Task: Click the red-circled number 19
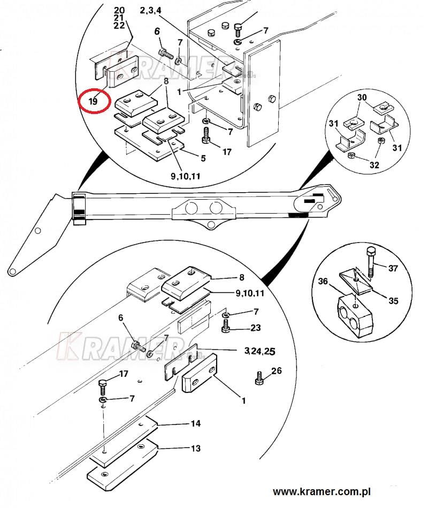pyautogui.click(x=93, y=101)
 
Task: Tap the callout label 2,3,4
pyautogui.click(x=150, y=10)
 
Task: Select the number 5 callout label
pyautogui.click(x=203, y=158)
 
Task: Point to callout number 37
pyautogui.click(x=393, y=268)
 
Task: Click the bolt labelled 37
pyautogui.click(x=371, y=262)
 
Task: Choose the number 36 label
pyautogui.click(x=323, y=281)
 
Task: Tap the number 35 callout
pyautogui.click(x=393, y=301)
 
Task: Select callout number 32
pyautogui.click(x=374, y=165)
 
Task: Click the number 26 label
pyautogui.click(x=276, y=370)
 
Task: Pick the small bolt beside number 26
pyautogui.click(x=259, y=378)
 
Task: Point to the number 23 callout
pyautogui.click(x=255, y=328)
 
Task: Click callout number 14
pyautogui.click(x=196, y=423)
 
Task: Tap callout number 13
pyautogui.click(x=196, y=449)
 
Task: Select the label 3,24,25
pyautogui.click(x=259, y=351)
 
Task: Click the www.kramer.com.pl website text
pyautogui.click(x=322, y=492)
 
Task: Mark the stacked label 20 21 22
pyautogui.click(x=119, y=18)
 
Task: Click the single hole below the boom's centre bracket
pyautogui.click(x=211, y=224)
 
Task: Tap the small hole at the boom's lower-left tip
pyautogui.click(x=12, y=271)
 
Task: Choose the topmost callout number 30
pyautogui.click(x=362, y=97)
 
